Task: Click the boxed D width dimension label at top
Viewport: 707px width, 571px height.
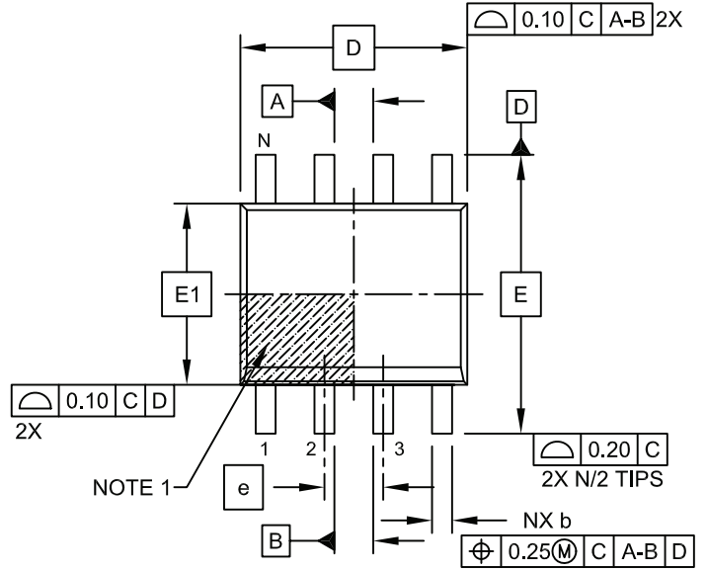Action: [x=353, y=48]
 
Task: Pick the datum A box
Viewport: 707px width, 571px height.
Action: [x=278, y=100]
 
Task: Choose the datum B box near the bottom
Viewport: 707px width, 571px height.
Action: [x=277, y=538]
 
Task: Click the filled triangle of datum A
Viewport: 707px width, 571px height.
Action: [x=329, y=100]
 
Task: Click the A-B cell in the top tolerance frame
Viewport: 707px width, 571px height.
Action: [x=628, y=21]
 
